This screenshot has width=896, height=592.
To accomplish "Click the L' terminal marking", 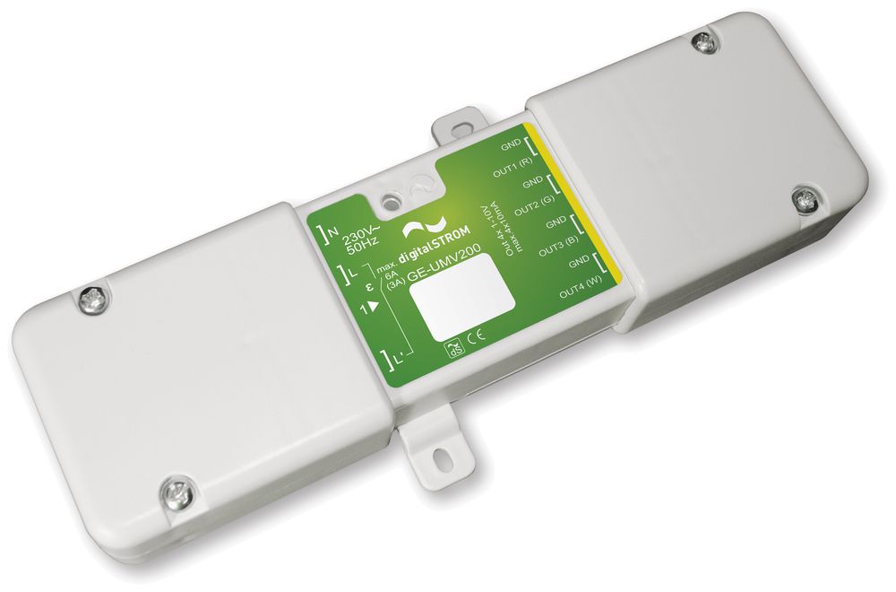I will click(396, 359).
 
